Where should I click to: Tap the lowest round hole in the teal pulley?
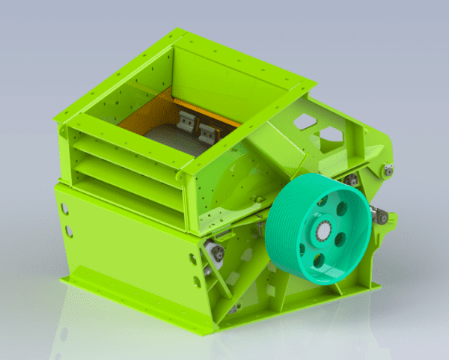318,261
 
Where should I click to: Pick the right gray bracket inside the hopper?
207,130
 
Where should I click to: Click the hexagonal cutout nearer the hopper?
302,121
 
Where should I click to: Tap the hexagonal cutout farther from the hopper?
329,135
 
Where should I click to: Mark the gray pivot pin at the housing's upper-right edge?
388,170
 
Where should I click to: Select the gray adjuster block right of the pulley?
382,217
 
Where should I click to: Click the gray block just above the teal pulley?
350,179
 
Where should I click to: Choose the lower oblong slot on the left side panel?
69,231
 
